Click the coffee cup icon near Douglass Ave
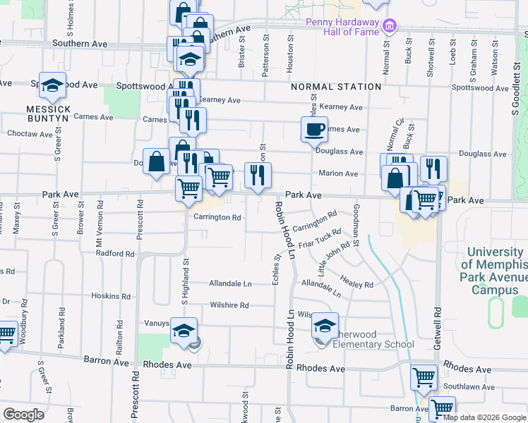(x=314, y=130)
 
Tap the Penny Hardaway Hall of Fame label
(x=342, y=27)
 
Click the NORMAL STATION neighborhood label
(x=336, y=87)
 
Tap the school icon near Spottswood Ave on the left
(x=52, y=85)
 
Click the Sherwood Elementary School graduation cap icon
(x=325, y=326)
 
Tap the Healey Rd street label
(x=359, y=281)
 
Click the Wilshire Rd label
(x=229, y=306)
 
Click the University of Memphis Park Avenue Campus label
(x=495, y=271)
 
